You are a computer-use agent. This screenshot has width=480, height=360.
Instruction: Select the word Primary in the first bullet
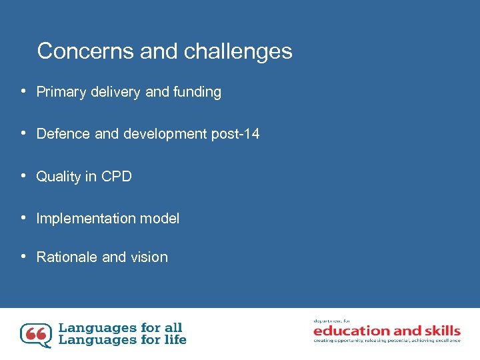point(60,93)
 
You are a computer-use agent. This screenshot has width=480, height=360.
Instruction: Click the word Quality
point(58,177)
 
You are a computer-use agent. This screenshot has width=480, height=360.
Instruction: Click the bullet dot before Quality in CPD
point(23,176)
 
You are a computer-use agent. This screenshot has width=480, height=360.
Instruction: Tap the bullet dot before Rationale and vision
point(23,257)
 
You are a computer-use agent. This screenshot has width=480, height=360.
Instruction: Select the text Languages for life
point(123,340)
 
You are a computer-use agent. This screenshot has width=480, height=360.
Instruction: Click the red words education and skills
point(387,331)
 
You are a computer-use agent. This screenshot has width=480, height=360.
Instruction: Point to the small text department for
point(331,321)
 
